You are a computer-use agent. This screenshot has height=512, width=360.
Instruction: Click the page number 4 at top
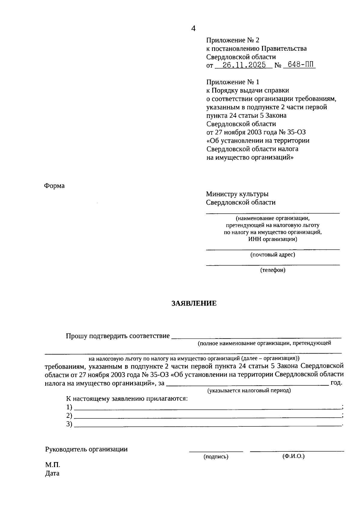[x=193, y=29]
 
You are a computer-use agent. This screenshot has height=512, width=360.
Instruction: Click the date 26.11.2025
[x=242, y=65]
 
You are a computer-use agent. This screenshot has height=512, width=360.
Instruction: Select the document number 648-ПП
[x=299, y=65]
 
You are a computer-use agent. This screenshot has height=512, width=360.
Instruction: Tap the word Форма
[x=54, y=186]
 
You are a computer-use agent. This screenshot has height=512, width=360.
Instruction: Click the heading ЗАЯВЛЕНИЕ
[x=194, y=303]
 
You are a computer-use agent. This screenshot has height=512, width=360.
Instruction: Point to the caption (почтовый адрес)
[x=273, y=255]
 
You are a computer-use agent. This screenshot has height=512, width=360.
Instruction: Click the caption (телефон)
[x=273, y=270]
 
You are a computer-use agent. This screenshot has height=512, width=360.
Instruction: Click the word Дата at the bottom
[x=52, y=474]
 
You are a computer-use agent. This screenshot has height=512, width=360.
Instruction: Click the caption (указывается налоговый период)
[x=249, y=390]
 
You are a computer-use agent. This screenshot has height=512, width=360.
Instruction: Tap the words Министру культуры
[x=237, y=194]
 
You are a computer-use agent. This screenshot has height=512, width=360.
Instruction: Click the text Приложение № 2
[x=232, y=40]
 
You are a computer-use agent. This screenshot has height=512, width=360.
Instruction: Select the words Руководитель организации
[x=86, y=449]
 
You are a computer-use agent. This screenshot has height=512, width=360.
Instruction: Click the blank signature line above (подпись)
[x=216, y=451]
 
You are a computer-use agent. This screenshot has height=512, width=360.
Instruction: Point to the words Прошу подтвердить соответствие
[x=118, y=336]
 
